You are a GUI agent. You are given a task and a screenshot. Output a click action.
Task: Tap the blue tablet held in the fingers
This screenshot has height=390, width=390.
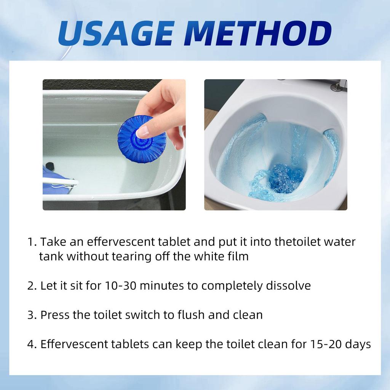coord(142,139)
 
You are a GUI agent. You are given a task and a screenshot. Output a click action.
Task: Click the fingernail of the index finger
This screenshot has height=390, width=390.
coord(142,131)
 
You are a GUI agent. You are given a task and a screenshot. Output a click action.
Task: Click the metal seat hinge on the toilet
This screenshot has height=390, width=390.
coord(337,86)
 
